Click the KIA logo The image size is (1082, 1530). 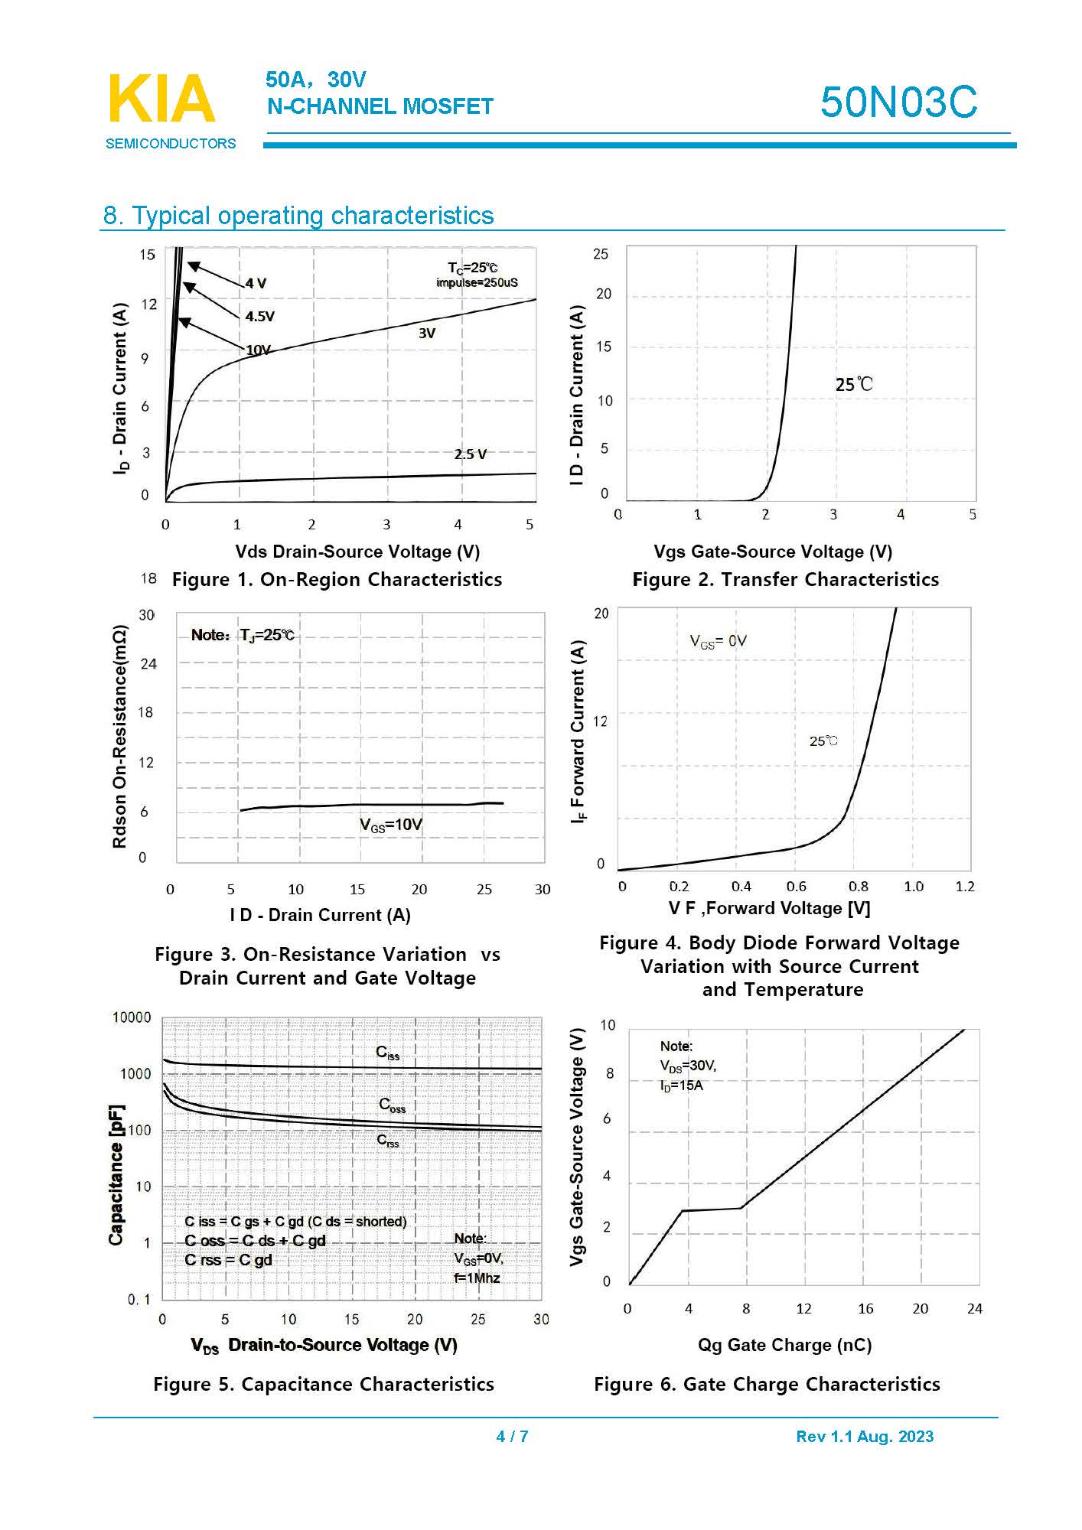162,99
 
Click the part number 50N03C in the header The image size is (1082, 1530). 898,102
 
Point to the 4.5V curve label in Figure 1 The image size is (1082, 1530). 260,316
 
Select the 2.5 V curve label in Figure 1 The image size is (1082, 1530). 470,454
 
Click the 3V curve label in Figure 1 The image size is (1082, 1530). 427,333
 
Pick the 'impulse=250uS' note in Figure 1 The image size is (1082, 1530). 477,283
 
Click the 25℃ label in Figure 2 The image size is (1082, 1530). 853,384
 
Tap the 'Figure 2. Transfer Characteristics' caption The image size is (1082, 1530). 785,579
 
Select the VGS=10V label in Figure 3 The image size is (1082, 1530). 390,825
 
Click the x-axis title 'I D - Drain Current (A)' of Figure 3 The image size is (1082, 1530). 320,915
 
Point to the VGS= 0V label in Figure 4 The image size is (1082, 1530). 718,641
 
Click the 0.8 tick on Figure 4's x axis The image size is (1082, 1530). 858,887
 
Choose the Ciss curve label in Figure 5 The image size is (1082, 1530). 388,1053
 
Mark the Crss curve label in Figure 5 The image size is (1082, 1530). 388,1141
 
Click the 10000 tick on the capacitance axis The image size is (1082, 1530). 132,1017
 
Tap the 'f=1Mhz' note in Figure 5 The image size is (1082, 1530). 477,1278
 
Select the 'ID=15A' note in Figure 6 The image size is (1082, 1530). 681,1086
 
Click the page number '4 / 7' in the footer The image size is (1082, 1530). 512,1436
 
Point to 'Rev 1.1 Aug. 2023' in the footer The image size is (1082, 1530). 865,1436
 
